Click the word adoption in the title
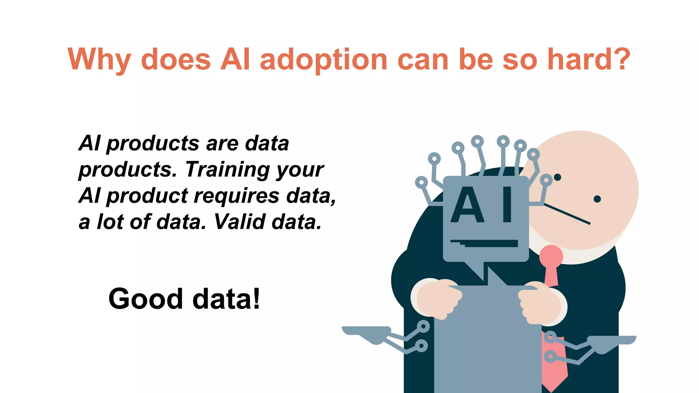tap(323, 60)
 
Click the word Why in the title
tap(99, 60)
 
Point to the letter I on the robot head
tap(507, 205)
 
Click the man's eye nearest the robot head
tap(557, 177)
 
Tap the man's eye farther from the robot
tap(597, 199)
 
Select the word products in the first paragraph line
tap(153, 143)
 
